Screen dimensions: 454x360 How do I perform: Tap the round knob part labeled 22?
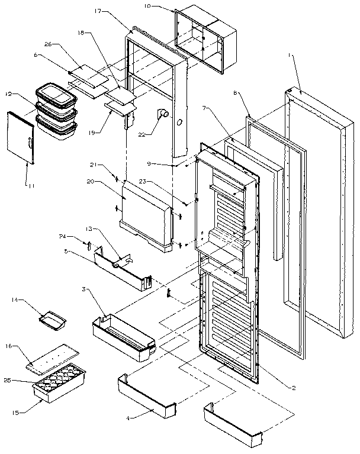(162, 114)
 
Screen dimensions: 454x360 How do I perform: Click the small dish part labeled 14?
(52, 320)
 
